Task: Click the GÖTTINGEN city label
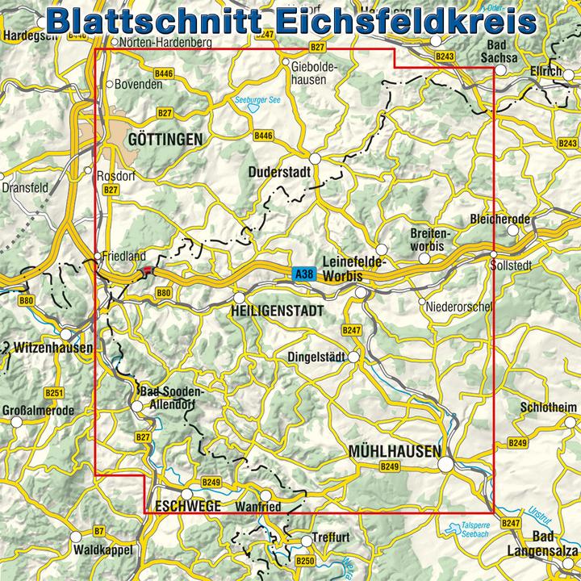(x=165, y=140)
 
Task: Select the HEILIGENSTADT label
(x=277, y=310)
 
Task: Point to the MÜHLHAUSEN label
(x=394, y=451)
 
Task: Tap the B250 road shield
(x=304, y=560)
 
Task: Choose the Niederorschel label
(x=456, y=304)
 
